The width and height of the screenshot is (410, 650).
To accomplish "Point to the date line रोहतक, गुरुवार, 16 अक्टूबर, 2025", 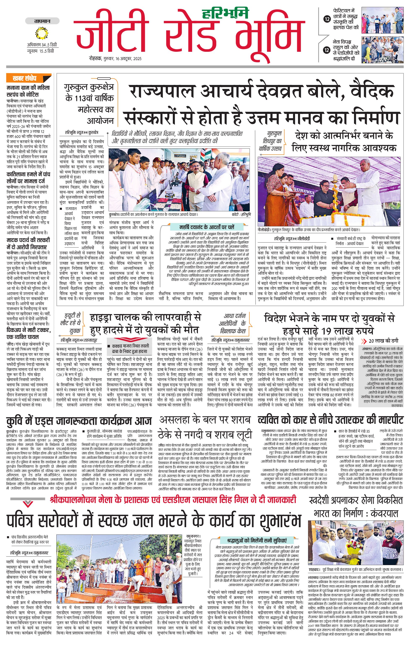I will coord(115,58).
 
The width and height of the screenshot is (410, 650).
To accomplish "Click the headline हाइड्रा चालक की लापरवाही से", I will coord(146,317).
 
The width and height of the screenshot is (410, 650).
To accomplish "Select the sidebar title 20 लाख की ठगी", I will coord(383,341).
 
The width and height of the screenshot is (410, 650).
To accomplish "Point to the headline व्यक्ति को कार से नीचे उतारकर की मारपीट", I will coord(330,420).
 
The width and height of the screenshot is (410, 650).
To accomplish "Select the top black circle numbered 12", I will coord(327,19).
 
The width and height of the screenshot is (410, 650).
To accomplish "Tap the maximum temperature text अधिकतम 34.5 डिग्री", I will coord(42,45).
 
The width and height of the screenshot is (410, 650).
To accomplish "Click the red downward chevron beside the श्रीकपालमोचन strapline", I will coord(27,503).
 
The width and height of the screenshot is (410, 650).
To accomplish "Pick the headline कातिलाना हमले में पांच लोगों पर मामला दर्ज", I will coord(28,178).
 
